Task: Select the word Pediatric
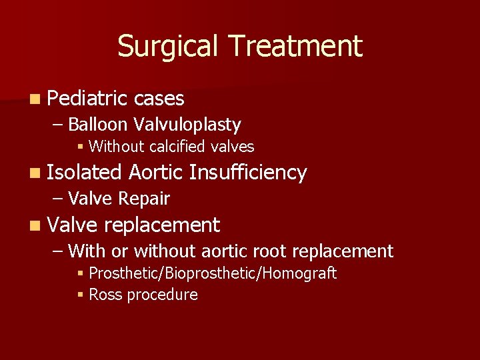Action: (x=87, y=99)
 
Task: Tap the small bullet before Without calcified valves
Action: (x=81, y=147)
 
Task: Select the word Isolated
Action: (x=84, y=173)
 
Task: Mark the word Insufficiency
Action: (x=248, y=173)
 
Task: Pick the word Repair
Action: (x=144, y=199)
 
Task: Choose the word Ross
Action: (x=105, y=295)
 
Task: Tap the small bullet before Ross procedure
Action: (x=81, y=295)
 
